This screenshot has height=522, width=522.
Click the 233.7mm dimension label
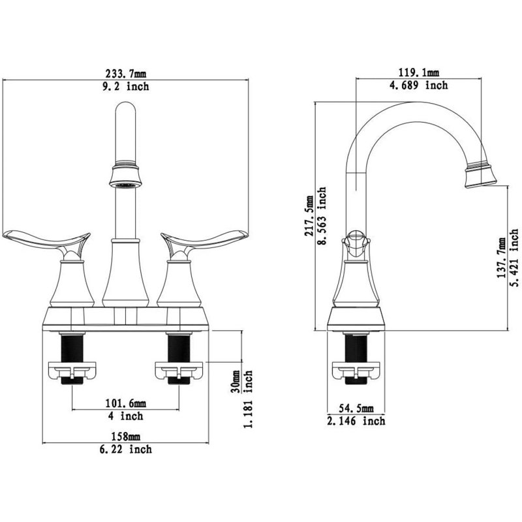[x=125, y=73]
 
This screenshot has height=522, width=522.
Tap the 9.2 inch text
[x=125, y=87]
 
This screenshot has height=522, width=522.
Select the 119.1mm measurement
[x=419, y=72]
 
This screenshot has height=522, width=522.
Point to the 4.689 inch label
[x=419, y=85]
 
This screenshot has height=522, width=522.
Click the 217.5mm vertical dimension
[x=309, y=216]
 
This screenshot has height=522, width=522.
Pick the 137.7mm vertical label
[x=501, y=258]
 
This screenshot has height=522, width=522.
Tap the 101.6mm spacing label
[x=125, y=403]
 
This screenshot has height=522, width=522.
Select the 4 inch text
[x=125, y=416]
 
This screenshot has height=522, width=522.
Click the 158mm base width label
[x=125, y=436]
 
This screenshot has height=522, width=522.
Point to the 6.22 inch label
[x=125, y=450]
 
